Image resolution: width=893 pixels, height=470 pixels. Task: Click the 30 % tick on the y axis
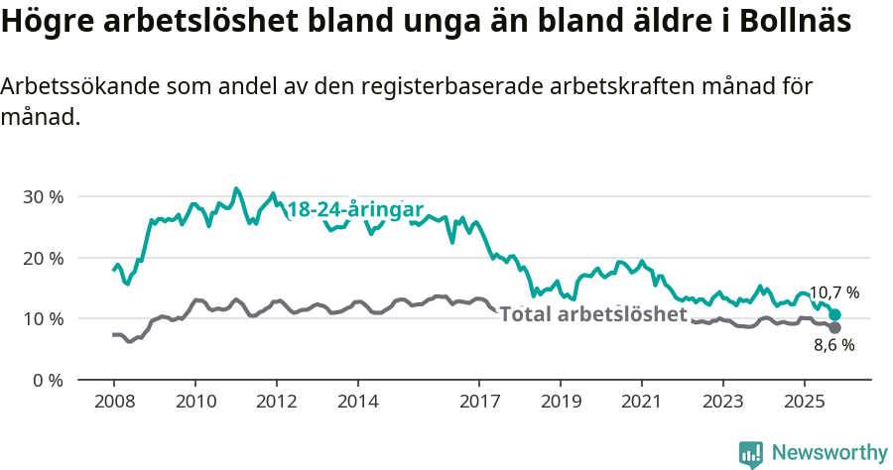[x=43, y=196]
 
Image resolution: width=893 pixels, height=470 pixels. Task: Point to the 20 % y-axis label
[x=43, y=258]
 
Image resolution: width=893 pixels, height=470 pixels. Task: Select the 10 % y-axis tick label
[x=43, y=318]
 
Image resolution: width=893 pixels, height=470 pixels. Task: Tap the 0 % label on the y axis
[x=47, y=380]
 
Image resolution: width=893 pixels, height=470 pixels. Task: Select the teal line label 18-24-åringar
[x=355, y=210]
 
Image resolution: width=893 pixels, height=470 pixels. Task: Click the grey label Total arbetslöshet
[x=593, y=314]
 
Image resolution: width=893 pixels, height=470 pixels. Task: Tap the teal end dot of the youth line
[x=835, y=314]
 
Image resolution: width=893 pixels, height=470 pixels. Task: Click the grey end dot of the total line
[x=835, y=327]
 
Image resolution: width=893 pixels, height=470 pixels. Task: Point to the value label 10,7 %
[x=833, y=293]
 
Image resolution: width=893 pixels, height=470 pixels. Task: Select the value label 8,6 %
[x=833, y=345]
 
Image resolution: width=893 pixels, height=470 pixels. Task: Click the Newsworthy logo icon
[x=751, y=453]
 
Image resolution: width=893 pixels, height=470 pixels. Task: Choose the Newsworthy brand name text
[x=829, y=453]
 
